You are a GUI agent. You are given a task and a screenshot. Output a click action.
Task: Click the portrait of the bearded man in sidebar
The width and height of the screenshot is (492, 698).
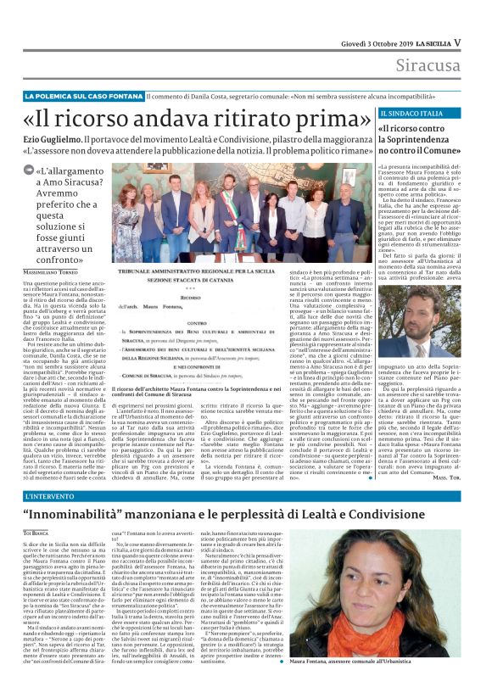(411, 323)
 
